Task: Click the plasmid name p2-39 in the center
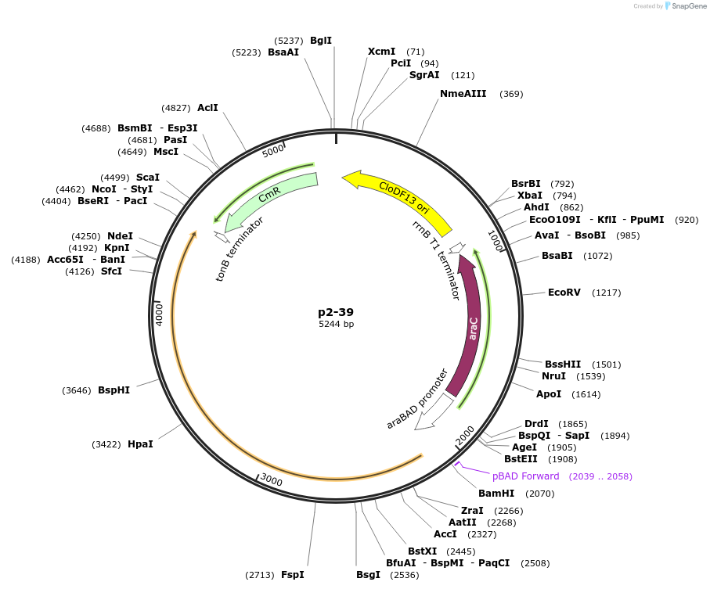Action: (336, 311)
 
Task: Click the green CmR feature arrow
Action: (270, 199)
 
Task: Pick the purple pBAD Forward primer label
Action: (525, 476)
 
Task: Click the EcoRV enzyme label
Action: (564, 293)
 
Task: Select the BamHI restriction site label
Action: (496, 494)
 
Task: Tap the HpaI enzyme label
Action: (140, 444)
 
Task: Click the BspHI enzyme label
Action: (114, 390)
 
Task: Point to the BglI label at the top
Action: (321, 41)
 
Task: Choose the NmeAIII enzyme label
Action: (463, 94)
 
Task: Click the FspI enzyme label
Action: (292, 575)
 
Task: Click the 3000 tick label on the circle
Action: (271, 479)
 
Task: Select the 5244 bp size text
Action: (336, 324)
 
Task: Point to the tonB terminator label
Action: (240, 249)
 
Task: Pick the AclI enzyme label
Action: (207, 108)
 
